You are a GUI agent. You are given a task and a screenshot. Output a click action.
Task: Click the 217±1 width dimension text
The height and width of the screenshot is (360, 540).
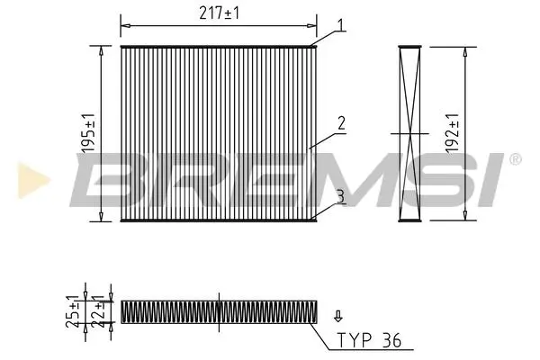tap(219, 13)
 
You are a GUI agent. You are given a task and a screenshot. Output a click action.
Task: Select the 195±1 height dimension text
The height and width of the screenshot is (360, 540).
tap(88, 133)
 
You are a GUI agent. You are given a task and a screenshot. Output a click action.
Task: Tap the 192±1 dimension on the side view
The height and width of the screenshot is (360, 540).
tap(452, 133)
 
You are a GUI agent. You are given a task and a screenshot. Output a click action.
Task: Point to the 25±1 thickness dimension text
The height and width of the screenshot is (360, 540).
tap(73, 311)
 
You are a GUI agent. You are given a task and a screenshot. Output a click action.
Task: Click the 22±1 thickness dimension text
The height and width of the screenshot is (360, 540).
tap(98, 311)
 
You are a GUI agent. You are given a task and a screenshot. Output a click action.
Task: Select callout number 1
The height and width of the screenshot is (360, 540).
tap(340, 25)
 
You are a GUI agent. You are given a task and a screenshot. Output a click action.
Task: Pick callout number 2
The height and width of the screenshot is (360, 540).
tap(341, 123)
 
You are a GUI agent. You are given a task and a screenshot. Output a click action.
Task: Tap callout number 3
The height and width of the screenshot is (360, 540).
tap(340, 197)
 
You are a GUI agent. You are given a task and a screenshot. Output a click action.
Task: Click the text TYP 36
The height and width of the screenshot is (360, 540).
tap(369, 340)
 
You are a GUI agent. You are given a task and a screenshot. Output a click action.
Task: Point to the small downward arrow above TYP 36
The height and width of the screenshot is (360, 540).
tap(338, 316)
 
